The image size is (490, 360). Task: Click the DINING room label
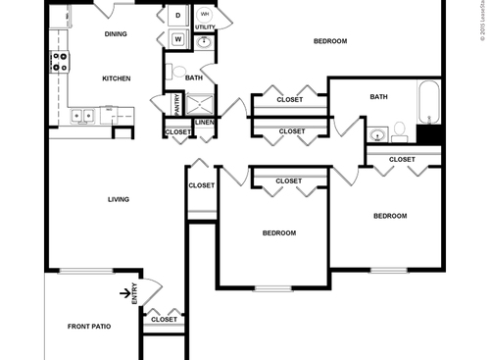tap(117, 34)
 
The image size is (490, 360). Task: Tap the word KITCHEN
tap(117, 77)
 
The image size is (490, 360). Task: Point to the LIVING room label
tap(119, 199)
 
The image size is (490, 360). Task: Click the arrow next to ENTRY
tap(125, 290)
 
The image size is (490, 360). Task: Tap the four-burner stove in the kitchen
tap(60, 63)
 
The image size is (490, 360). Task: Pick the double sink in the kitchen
tap(81, 115)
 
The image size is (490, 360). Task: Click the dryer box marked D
tap(178, 16)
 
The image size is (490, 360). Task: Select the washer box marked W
tap(178, 39)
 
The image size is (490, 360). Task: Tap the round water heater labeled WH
tap(206, 15)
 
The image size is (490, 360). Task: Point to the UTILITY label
tap(204, 27)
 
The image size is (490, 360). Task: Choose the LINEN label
tap(204, 122)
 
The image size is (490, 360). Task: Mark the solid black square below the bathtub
tap(429, 136)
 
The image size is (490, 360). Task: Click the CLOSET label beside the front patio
tap(165, 319)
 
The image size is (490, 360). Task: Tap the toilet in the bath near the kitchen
tap(169, 72)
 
